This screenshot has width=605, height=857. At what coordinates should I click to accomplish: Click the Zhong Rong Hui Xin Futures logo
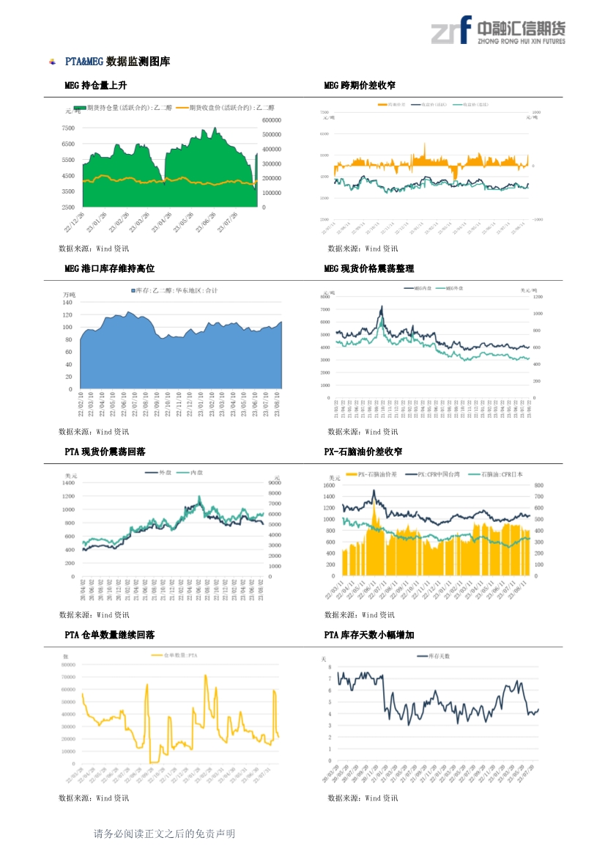pyautogui.click(x=497, y=31)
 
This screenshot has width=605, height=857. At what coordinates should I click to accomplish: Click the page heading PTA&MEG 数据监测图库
pyautogui.click(x=117, y=62)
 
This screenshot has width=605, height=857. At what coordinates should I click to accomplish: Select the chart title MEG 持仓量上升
pyautogui.click(x=96, y=86)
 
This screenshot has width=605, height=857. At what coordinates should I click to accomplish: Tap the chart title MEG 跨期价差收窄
pyautogui.click(x=360, y=86)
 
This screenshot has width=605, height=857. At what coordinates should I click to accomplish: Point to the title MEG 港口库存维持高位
pyautogui.click(x=109, y=269)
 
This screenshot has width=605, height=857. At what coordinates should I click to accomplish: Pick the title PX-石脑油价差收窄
pyautogui.click(x=363, y=452)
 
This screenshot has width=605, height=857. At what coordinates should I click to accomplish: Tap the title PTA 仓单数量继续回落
pyautogui.click(x=109, y=634)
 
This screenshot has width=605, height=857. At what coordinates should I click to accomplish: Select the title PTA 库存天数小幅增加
pyautogui.click(x=368, y=634)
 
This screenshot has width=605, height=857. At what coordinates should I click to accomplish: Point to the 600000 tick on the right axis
pyautogui.click(x=272, y=119)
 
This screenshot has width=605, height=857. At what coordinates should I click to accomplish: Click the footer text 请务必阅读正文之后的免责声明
pyautogui.click(x=164, y=834)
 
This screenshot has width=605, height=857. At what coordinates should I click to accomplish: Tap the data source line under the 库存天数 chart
pyautogui.click(x=363, y=798)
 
